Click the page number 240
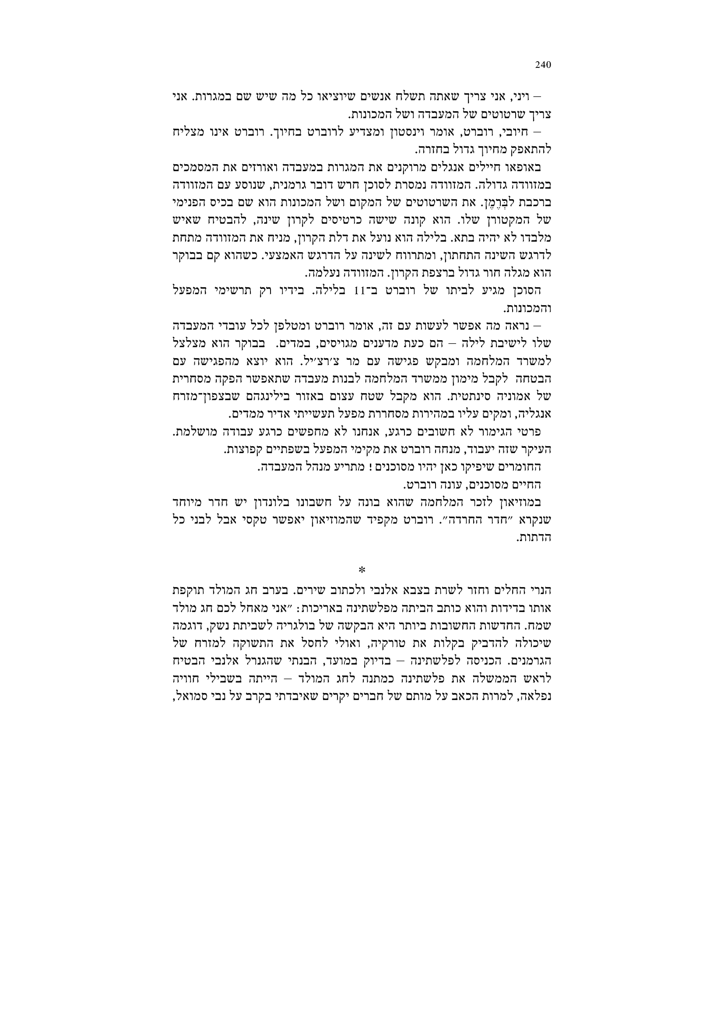[542, 65]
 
